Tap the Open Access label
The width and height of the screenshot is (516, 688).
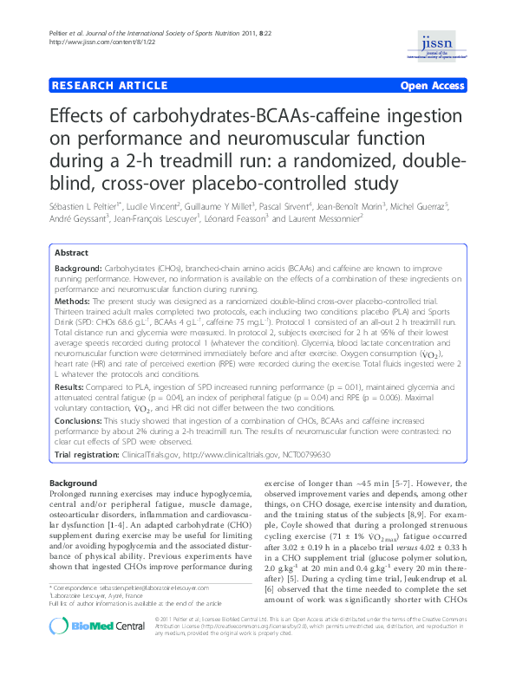434,87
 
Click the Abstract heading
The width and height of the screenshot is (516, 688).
72,252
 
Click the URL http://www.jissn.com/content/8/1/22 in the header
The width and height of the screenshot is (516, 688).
93,40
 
